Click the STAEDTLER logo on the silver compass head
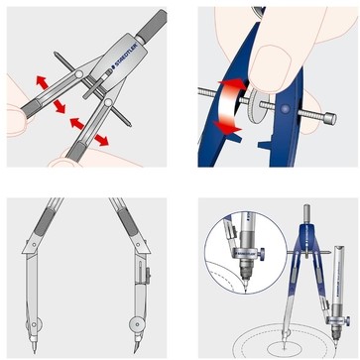click(125, 58)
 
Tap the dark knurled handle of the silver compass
click(152, 25)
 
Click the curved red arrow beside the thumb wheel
click(230, 107)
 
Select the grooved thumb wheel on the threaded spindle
click(256, 107)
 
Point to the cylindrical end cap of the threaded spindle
click(330, 118)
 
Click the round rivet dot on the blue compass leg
click(286, 108)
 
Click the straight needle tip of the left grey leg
click(35, 347)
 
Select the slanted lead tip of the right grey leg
click(137, 347)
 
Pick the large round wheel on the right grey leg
click(137, 324)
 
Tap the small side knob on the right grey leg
click(149, 276)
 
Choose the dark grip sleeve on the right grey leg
click(128, 222)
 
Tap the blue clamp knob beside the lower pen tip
click(347, 320)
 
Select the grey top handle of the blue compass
click(306, 213)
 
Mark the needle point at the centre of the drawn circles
click(285, 347)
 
